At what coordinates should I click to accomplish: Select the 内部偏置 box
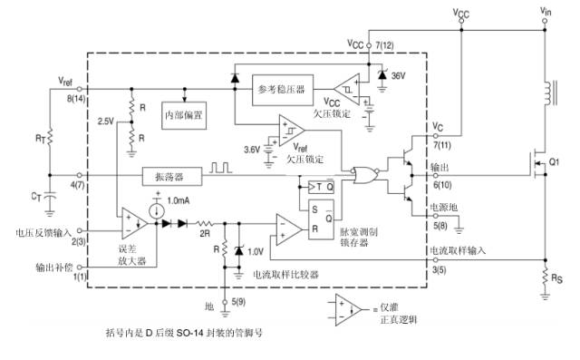[184, 116]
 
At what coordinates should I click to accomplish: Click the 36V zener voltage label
[396, 76]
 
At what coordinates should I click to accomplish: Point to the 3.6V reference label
[251, 149]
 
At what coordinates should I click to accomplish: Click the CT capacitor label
[37, 195]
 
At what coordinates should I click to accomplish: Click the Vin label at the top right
[545, 10]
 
